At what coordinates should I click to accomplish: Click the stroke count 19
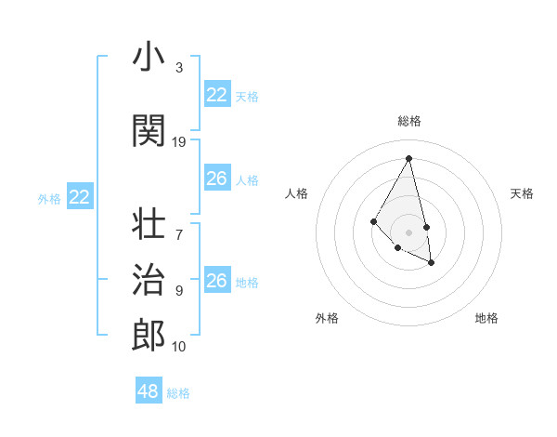(179, 142)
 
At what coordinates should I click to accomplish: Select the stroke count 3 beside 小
(179, 68)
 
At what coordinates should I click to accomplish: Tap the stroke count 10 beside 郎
(179, 347)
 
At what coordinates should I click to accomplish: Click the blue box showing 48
(149, 391)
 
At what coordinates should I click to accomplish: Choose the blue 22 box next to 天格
(217, 95)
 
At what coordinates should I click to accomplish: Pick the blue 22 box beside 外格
(80, 197)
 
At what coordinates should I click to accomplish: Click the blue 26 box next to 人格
(217, 179)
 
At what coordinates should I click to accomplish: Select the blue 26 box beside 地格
(217, 281)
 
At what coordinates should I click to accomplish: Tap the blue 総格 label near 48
(178, 393)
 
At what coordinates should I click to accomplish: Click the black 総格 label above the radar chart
(409, 121)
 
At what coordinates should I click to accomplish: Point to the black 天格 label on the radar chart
(522, 193)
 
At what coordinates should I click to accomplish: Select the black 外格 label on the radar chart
(327, 318)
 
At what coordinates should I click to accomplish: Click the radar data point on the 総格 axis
(409, 158)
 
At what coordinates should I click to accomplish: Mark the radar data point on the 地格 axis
(432, 263)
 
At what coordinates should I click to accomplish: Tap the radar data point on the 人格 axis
(373, 220)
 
